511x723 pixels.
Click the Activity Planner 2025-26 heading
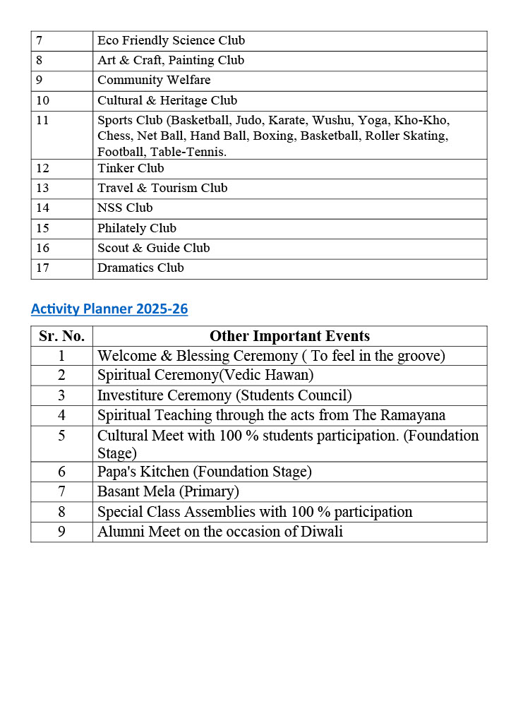point(109,309)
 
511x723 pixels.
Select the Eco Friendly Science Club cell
point(171,41)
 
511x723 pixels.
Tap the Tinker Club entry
point(131,168)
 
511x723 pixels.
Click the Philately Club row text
point(137,228)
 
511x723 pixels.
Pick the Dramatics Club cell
point(140,268)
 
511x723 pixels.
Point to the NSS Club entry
point(125,208)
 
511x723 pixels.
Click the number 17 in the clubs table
point(43,268)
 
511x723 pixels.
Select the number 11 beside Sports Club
point(43,120)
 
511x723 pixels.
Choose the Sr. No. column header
point(61,336)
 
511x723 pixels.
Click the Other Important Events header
point(289,336)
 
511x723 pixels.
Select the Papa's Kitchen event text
point(204,472)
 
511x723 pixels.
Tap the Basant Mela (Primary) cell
point(168,491)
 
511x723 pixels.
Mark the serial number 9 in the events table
point(61,532)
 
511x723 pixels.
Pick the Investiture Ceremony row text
point(224,395)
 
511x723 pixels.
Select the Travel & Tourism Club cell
point(162,188)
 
